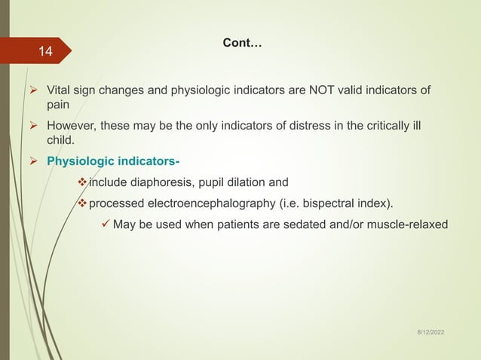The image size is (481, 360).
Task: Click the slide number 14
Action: (46, 52)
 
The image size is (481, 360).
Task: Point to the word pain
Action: (59, 105)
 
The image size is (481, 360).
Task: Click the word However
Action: (72, 125)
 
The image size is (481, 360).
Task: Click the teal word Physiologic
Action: (78, 160)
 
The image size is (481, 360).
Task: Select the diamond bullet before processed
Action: (82, 202)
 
